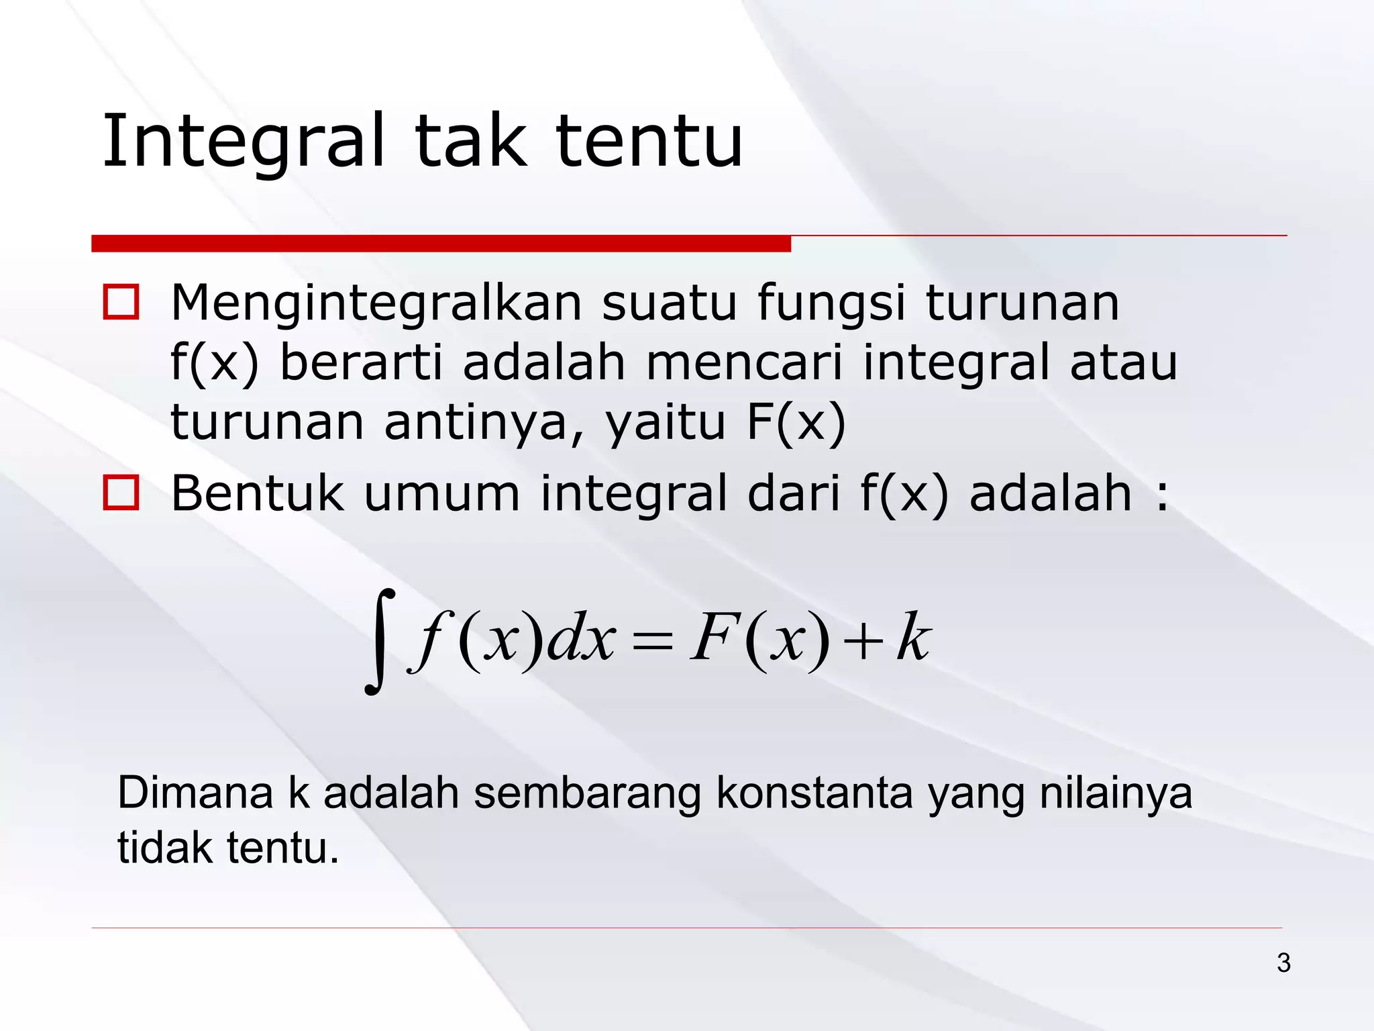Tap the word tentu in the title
pyautogui.click(x=649, y=142)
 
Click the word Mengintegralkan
pyautogui.click(x=376, y=304)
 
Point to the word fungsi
pyautogui.click(x=832, y=304)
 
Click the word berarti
pyautogui.click(x=361, y=362)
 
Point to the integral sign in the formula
pyautogui.click(x=380, y=640)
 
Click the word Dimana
pyautogui.click(x=195, y=793)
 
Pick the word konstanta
pyautogui.click(x=814, y=793)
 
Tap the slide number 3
pyautogui.click(x=1283, y=963)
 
